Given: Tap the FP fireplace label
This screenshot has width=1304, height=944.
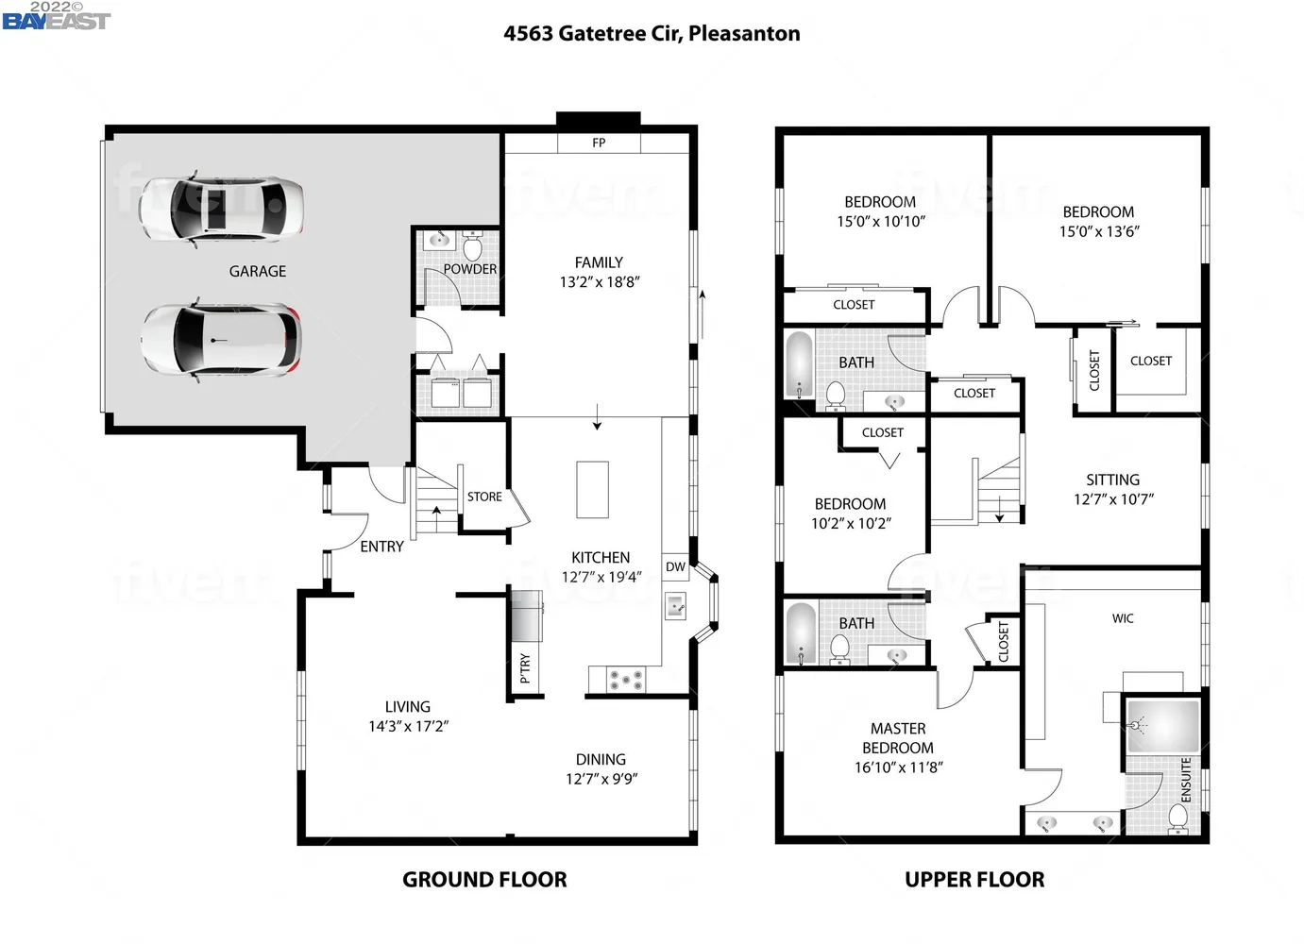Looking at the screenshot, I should coord(599,143).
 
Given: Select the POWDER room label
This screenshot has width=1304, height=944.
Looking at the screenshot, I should coord(469,269).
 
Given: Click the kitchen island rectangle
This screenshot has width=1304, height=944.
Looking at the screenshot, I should coord(593,489).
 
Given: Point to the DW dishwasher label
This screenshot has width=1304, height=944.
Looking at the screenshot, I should coord(675,567).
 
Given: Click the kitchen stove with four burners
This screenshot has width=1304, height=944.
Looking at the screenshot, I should coord(624,679).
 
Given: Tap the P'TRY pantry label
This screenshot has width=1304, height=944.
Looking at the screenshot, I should coord(525,667).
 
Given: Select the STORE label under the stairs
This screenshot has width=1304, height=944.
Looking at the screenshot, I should coord(484,497).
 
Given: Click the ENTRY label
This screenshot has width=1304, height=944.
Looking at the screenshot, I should coord(381,547).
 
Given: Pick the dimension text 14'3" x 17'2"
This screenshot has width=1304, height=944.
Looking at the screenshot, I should coord(408,726).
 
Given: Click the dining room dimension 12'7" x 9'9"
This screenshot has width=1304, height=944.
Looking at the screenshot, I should coord(601,779).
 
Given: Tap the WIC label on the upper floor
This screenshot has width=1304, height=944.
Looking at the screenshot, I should coord(1123,618).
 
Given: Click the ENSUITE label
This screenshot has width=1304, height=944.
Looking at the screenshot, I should coord(1186,780).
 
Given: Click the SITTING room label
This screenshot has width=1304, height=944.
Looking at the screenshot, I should coord(1112,480).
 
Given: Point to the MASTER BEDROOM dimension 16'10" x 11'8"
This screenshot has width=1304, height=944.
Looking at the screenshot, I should coord(898,767).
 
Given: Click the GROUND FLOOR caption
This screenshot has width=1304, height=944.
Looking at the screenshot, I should coord(484,880).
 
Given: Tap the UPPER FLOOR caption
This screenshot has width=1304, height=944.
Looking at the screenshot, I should coord(974,880).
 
